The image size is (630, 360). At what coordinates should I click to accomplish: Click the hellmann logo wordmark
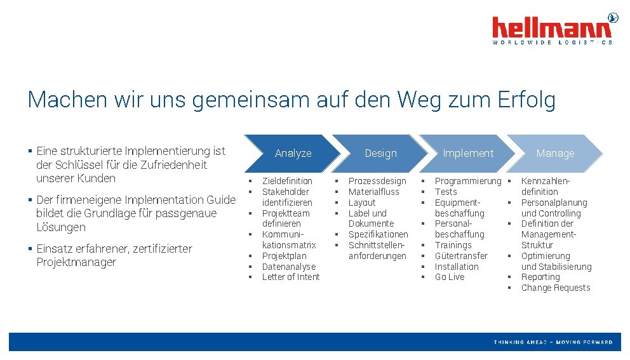coord(552,27)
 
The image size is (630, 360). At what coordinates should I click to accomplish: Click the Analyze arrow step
coord(293,154)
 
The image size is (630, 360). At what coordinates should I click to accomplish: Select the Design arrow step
coord(380,154)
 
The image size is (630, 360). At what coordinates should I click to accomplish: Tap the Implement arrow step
coord(467,154)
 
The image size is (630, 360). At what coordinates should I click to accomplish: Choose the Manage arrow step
coord(554,154)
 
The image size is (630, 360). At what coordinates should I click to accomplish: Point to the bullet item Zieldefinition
coord(287,181)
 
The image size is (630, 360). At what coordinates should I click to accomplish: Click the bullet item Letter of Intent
coord(291,277)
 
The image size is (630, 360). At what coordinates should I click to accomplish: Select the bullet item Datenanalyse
coord(288,267)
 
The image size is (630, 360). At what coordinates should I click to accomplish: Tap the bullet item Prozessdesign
coord(377,181)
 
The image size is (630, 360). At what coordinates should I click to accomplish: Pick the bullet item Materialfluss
coord(374,192)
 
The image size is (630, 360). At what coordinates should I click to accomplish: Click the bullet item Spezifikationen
coord(379,234)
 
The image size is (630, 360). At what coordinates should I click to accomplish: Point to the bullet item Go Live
coord(450,277)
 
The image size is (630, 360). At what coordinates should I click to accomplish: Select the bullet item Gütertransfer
coord(461,256)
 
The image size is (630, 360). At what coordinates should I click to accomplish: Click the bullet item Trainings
coord(453,245)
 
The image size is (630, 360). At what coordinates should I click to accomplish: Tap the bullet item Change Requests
coord(556,288)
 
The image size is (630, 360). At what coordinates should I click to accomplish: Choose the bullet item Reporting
coord(540,277)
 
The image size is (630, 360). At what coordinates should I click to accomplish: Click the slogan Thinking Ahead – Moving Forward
coord(553,342)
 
